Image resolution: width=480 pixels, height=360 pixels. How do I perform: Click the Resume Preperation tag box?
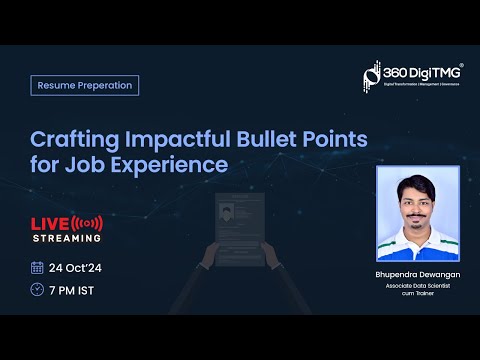pos(84,85)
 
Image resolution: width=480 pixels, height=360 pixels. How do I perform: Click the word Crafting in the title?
pos(71,136)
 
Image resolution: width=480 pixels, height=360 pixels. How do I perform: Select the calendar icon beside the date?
pos(37,267)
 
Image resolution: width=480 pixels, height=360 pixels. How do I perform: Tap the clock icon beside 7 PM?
pos(37,290)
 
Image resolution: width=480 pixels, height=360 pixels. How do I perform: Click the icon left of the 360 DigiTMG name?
pos(372,75)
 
